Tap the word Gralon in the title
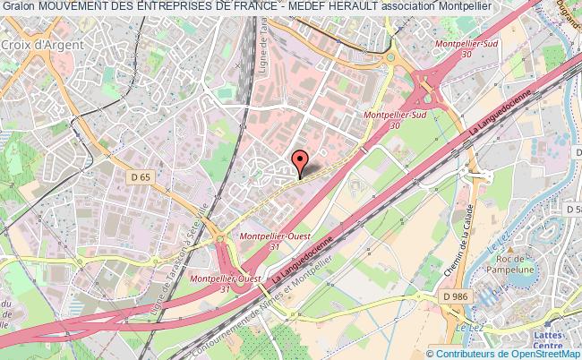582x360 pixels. pyautogui.click(x=18, y=8)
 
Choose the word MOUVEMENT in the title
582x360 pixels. pyautogui.click(x=73, y=8)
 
